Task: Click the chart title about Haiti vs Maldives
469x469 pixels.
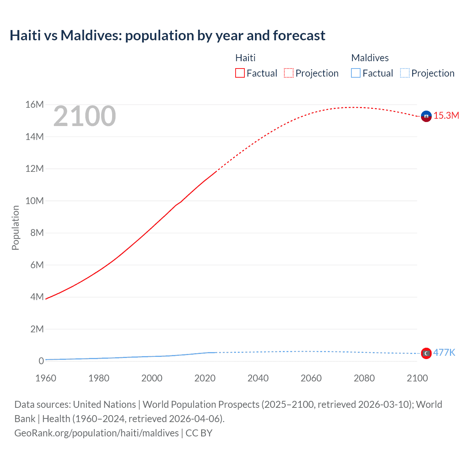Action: tap(167, 36)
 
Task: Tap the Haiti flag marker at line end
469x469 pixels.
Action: tap(426, 116)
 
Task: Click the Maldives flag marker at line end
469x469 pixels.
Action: tap(426, 353)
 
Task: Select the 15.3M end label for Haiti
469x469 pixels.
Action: tap(446, 116)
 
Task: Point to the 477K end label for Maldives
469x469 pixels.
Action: tap(444, 353)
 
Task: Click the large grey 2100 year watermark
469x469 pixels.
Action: tap(85, 116)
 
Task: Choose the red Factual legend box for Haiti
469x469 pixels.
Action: tap(240, 73)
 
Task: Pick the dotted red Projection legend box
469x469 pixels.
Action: tap(289, 73)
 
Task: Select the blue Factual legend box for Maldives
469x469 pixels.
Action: tap(356, 73)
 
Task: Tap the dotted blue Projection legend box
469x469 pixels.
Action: tap(405, 73)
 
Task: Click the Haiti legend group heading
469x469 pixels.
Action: tap(245, 58)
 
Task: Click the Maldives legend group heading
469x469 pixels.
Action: tap(370, 58)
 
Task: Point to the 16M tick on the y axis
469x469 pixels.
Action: tap(34, 105)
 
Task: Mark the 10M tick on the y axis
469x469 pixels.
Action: tap(34, 201)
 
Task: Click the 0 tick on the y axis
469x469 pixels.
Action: tap(41, 361)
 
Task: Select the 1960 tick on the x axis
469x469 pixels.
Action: tap(46, 378)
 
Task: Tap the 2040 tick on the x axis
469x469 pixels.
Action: tap(258, 378)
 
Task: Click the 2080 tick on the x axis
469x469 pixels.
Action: tap(364, 378)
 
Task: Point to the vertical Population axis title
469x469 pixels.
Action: tap(15, 228)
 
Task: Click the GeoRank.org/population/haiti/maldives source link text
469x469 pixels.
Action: tap(96, 433)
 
